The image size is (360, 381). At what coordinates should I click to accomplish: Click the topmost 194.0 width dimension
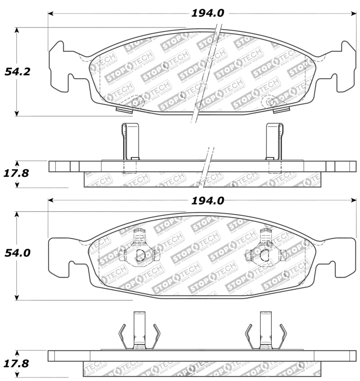click(x=207, y=13)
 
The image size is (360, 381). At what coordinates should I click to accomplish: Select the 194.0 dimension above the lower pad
click(x=207, y=201)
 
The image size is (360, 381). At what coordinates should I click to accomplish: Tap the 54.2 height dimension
click(x=17, y=72)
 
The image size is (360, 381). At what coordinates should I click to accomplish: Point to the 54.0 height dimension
click(x=17, y=253)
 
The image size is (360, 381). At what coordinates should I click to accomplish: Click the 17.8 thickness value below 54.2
click(x=17, y=173)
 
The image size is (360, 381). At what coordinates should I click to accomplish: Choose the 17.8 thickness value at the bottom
click(x=17, y=363)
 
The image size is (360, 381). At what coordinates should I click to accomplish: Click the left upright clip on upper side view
click(x=130, y=141)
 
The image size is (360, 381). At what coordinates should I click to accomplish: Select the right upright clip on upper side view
click(x=274, y=141)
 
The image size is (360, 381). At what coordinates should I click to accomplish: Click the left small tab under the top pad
click(x=123, y=109)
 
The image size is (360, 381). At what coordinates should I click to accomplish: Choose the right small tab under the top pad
click(x=281, y=109)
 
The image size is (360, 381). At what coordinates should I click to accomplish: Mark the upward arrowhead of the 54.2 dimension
click(x=17, y=31)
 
